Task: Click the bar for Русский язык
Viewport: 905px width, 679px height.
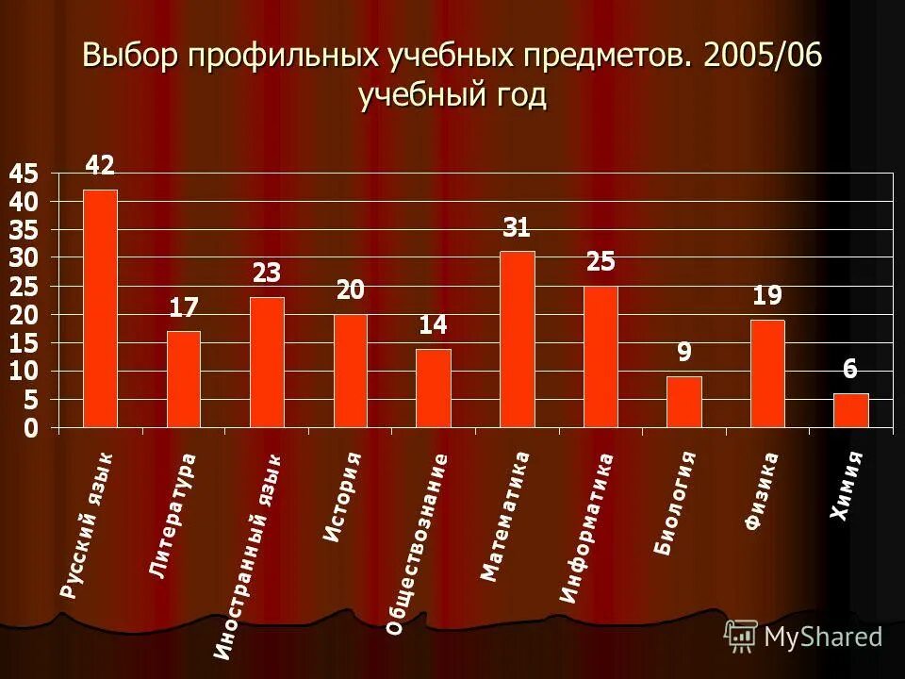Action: coord(100,308)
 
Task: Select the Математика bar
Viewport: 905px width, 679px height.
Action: coord(517,339)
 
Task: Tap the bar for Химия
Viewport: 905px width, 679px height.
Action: coord(850,410)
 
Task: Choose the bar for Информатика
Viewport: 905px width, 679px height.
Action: coord(601,356)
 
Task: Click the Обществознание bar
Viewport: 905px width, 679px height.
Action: coord(434,388)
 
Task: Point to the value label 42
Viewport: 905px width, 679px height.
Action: coord(100,166)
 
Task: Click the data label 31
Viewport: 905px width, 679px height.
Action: coord(517,227)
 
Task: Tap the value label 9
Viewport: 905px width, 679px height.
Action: coord(683,353)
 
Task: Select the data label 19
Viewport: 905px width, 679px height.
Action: coord(767,296)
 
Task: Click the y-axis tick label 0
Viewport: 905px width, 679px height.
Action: coord(30,429)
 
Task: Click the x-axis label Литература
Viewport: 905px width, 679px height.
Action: coord(173,515)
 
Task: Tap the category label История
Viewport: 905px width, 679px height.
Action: coord(342,496)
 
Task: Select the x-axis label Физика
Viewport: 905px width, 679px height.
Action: coord(762,490)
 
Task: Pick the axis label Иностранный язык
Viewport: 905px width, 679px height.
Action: coord(247,555)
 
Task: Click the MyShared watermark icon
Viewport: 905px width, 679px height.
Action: coord(741,636)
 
